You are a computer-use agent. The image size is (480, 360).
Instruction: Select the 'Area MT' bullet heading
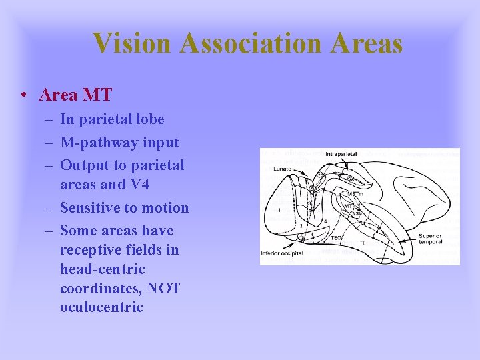75,95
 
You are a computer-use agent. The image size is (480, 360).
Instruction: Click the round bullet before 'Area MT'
23,96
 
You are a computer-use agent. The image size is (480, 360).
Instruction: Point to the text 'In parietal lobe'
112,119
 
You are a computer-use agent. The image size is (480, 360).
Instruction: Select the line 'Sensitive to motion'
124,207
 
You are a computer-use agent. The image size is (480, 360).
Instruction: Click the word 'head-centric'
102,269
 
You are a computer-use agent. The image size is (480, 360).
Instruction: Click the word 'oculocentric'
101,307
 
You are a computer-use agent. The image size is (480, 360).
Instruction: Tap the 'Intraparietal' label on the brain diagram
341,154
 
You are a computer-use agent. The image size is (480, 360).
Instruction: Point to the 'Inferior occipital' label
281,254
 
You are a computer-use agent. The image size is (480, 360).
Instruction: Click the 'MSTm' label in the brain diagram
355,194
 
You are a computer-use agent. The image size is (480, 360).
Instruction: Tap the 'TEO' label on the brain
337,237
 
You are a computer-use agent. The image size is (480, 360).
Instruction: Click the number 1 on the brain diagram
278,209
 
